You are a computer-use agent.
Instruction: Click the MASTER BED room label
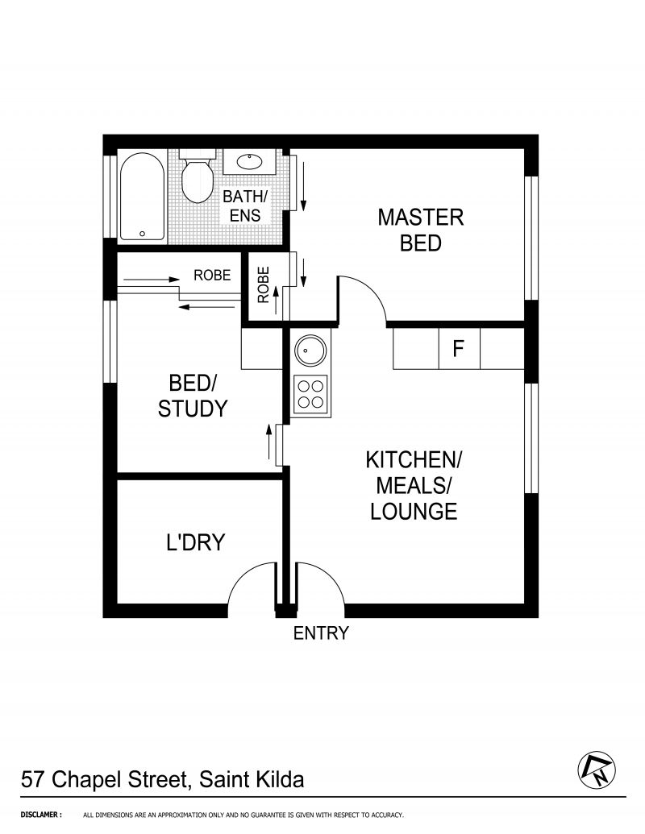pos(420,230)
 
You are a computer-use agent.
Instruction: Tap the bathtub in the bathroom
pos(141,197)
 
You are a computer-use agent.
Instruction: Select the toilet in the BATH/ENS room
pos(197,176)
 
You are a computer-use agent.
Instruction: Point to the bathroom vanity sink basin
pos(249,161)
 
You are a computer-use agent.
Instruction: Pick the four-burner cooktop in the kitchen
pos(311,394)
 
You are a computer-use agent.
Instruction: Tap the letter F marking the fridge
pos(458,349)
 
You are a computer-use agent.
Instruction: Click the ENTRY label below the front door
pos(321,633)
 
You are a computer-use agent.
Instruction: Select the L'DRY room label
pos(196,542)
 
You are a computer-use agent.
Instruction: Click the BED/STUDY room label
pos(193,396)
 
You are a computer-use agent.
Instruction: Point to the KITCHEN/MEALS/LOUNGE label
pos(414,485)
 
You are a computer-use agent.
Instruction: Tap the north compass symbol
pos(597,770)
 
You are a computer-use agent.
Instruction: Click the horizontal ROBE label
pos(212,275)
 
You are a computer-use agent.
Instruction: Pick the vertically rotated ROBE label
pos(264,284)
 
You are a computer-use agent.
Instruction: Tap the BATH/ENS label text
pos(245,205)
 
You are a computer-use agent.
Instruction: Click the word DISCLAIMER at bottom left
pos(41,815)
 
